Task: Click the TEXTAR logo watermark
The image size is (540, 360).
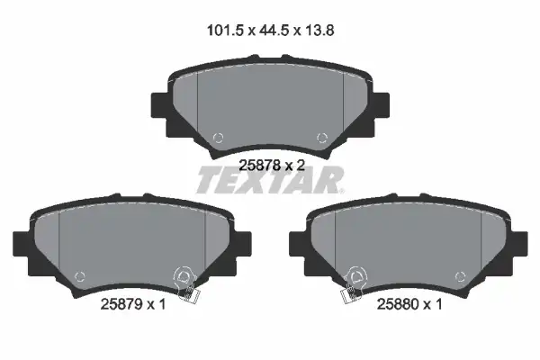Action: [x=270, y=180]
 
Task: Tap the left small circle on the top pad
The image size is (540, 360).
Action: [x=218, y=138]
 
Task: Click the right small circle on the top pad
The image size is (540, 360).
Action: [x=322, y=138]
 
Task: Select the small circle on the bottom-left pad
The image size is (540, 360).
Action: [x=80, y=276]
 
